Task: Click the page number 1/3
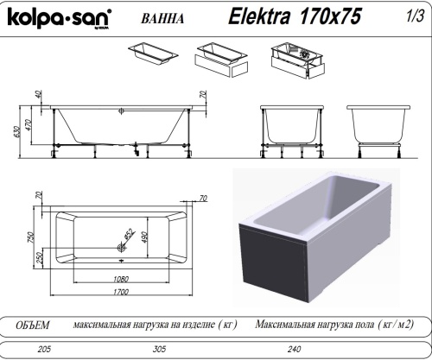click(x=413, y=15)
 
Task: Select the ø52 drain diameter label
click(x=129, y=234)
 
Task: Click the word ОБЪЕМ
click(x=33, y=325)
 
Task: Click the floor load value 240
click(x=296, y=351)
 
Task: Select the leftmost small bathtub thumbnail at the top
click(x=154, y=53)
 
